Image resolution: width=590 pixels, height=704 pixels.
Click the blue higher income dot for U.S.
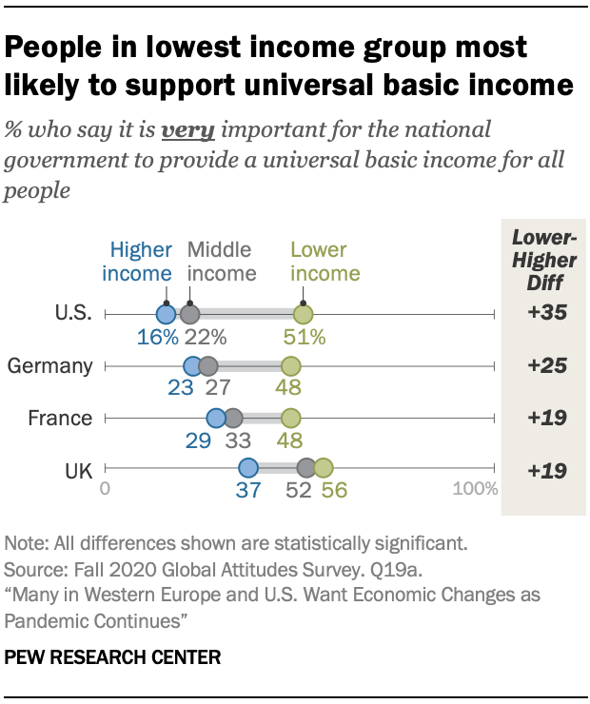[166, 314]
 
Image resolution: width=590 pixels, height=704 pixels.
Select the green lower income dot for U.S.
[303, 314]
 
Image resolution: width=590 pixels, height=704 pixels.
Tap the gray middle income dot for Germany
[208, 366]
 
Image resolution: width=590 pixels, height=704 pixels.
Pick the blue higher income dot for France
[216, 418]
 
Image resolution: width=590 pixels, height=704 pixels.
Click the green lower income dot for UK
[324, 468]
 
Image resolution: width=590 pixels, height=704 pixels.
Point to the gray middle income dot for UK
[306, 468]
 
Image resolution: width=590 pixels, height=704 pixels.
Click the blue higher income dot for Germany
[192, 366]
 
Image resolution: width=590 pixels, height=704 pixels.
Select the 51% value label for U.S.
[305, 336]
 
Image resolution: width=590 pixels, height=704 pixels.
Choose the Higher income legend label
[141, 262]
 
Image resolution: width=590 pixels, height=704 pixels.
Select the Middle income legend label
[222, 262]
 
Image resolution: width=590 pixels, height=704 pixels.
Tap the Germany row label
[49, 366]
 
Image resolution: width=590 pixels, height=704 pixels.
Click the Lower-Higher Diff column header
[541, 258]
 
